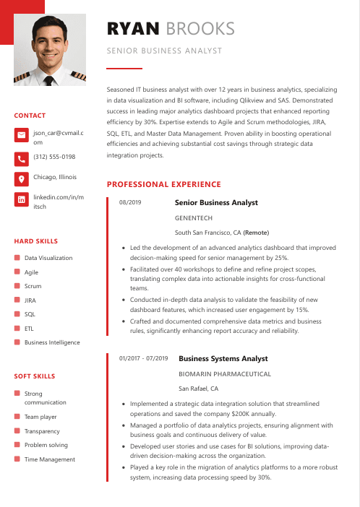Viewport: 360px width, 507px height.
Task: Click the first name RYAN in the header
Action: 133,28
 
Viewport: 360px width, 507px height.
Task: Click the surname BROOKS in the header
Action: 200,28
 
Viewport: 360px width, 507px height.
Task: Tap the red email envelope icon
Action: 21,136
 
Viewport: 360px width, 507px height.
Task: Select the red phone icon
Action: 21,157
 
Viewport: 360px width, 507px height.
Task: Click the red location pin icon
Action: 21,178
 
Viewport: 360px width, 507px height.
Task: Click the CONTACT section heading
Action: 30,116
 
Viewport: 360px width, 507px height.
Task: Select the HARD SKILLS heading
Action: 36,241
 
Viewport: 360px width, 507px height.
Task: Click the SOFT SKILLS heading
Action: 35,376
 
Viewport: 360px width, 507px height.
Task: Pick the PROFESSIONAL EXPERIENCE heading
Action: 163,185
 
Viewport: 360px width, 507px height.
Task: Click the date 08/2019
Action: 130,203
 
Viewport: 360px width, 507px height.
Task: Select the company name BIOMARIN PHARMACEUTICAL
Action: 225,373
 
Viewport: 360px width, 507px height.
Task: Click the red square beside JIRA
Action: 17,300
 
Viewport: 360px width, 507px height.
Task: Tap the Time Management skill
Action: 50,459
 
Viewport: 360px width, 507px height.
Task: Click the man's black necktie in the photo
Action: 49,80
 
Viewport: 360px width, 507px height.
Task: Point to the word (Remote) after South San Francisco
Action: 256,233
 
